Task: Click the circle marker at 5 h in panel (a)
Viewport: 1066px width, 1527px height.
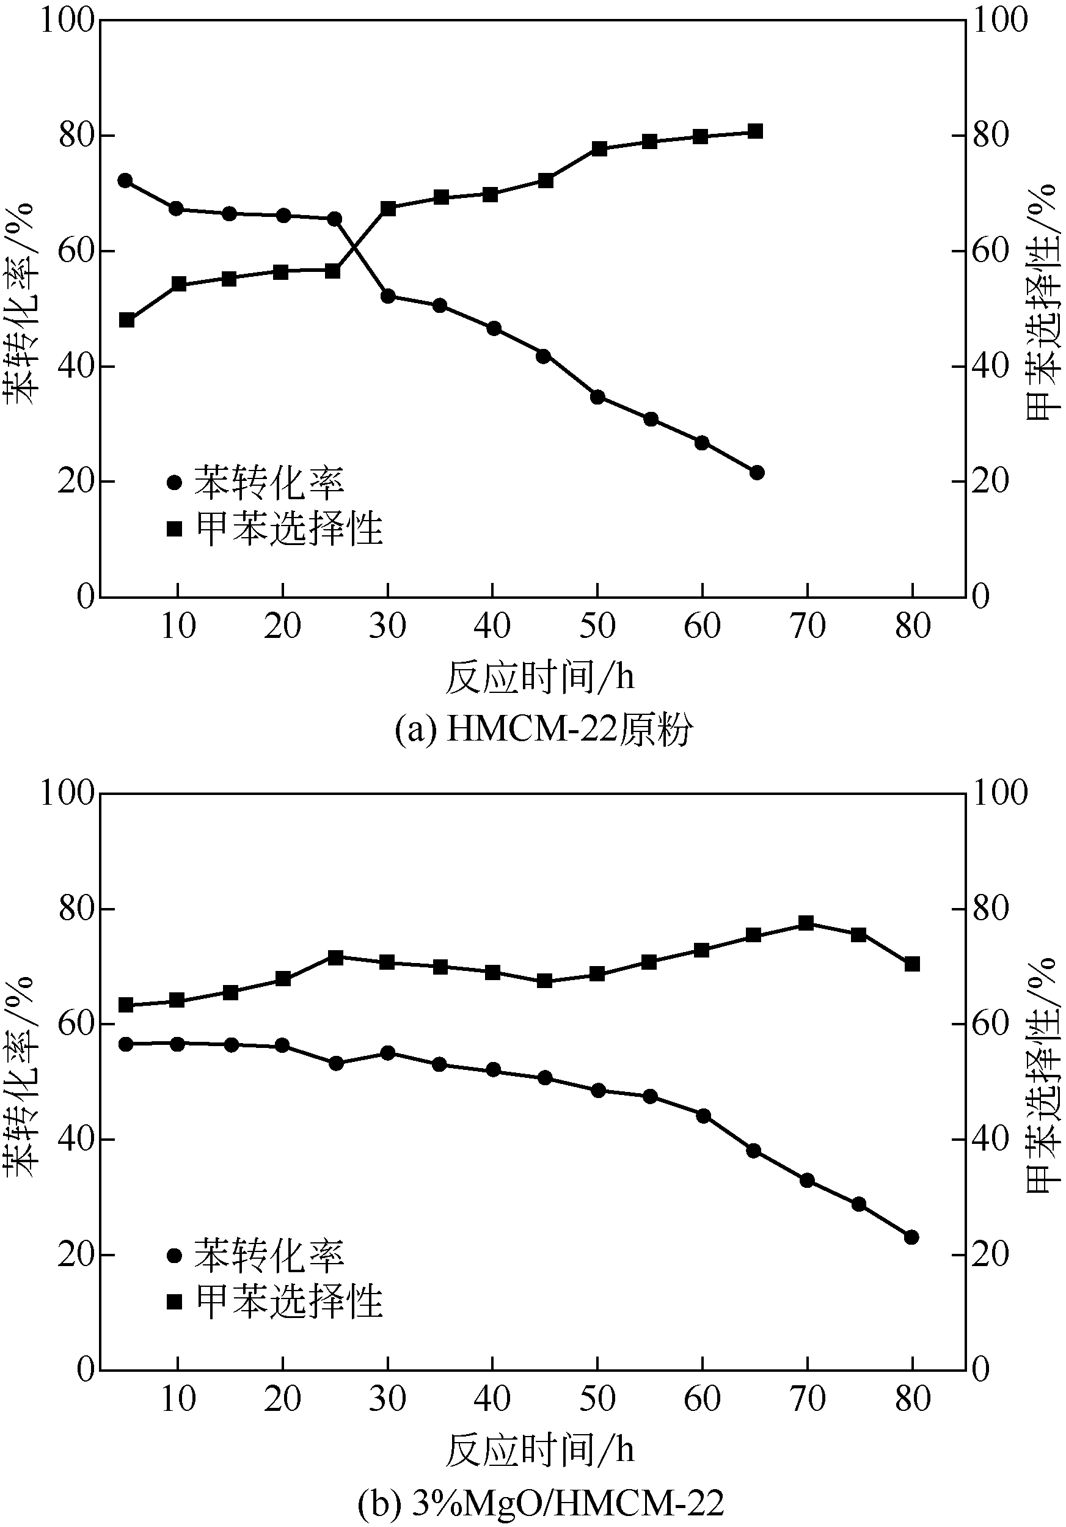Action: point(125,181)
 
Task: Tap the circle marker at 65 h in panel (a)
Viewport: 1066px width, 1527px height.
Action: point(756,473)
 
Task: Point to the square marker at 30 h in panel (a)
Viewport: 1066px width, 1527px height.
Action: point(388,209)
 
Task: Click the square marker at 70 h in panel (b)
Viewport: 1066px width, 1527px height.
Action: point(806,923)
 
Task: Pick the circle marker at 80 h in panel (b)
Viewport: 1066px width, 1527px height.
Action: point(911,1237)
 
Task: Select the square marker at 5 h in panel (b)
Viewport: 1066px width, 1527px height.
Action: point(125,1005)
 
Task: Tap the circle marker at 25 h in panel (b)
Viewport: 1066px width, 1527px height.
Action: point(336,1063)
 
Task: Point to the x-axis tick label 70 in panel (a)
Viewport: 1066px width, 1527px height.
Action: point(808,626)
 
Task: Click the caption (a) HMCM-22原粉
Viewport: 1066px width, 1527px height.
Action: point(543,730)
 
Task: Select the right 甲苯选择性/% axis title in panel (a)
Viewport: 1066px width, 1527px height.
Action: point(1042,303)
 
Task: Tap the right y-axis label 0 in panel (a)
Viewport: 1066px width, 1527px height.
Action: point(981,596)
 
